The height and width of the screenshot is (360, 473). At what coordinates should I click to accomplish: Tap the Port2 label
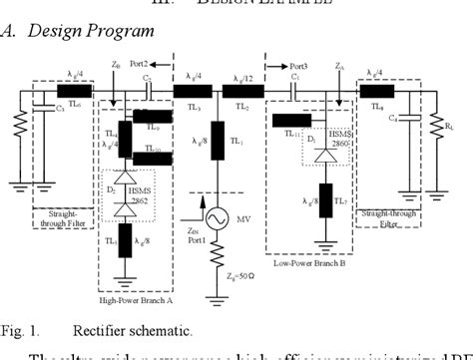click(x=152, y=62)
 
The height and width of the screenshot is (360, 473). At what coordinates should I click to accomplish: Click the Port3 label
click(x=297, y=62)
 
